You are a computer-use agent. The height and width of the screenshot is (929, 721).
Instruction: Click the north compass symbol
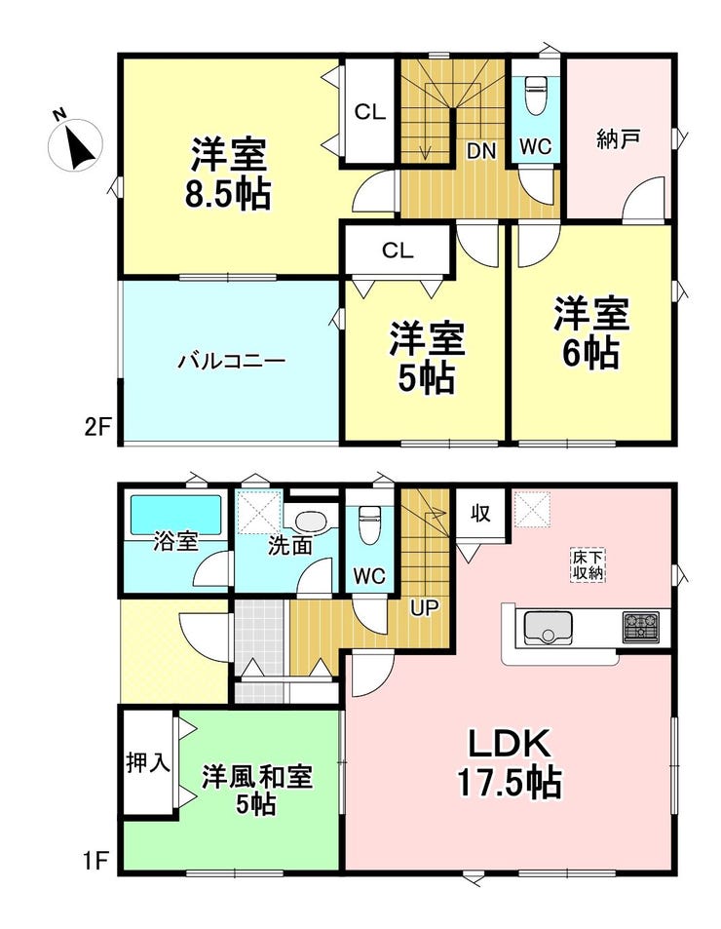[75, 142]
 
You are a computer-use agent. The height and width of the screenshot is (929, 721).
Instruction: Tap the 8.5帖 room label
[230, 174]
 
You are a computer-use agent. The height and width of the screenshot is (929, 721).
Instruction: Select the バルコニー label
[231, 362]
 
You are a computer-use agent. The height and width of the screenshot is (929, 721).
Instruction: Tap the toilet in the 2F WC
[535, 97]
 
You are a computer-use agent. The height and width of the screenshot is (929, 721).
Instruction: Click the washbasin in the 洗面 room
[311, 523]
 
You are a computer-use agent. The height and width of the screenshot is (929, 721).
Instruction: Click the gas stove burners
[640, 627]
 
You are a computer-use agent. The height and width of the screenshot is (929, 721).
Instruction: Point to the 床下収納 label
[588, 565]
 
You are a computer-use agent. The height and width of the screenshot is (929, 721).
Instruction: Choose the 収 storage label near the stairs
[479, 513]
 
